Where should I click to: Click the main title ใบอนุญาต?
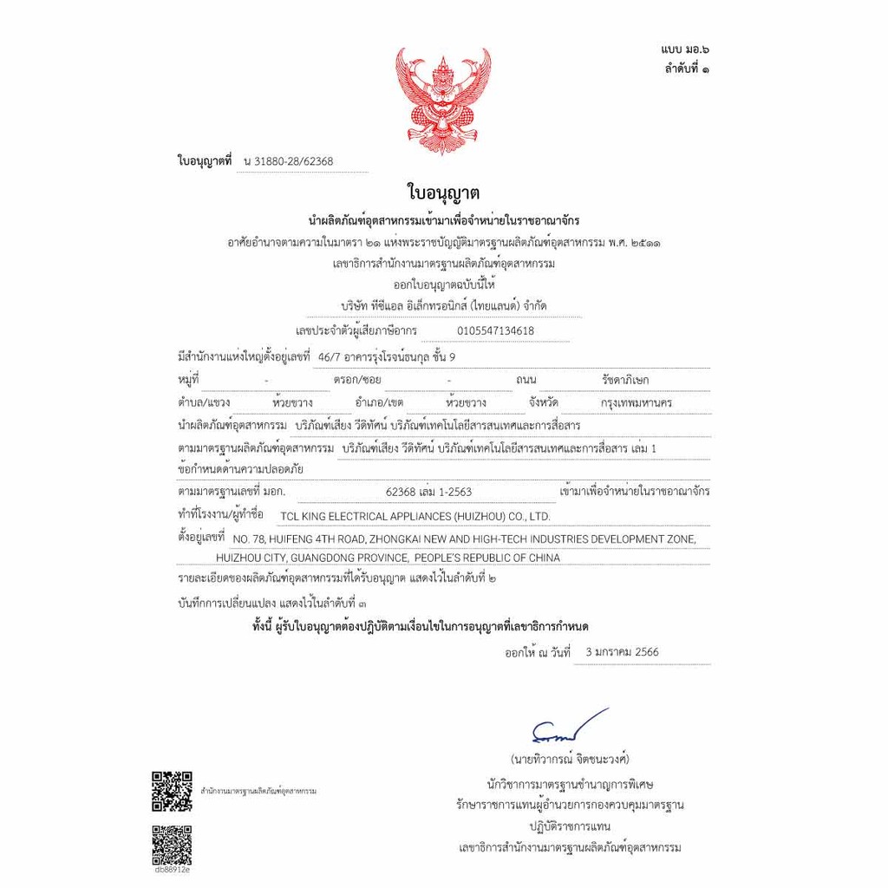(x=443, y=192)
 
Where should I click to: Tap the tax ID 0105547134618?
(x=495, y=330)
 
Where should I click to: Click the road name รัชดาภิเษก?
(x=625, y=380)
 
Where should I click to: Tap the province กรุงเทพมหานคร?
(x=636, y=403)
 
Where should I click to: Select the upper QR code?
(x=172, y=791)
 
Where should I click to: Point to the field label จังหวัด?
(x=543, y=403)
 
